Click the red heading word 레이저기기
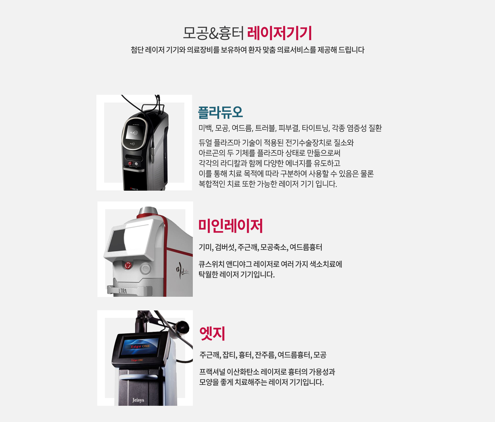point(279,33)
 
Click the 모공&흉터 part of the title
point(213,33)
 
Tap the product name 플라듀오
point(220,112)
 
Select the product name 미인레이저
point(230,226)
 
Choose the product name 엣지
point(212,333)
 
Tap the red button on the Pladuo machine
point(130,163)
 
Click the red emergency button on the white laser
point(128,265)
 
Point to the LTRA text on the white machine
point(123,291)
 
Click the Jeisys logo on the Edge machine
point(138,400)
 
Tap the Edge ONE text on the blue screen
point(140,346)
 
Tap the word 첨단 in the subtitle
point(137,50)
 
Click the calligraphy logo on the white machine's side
point(181,270)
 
